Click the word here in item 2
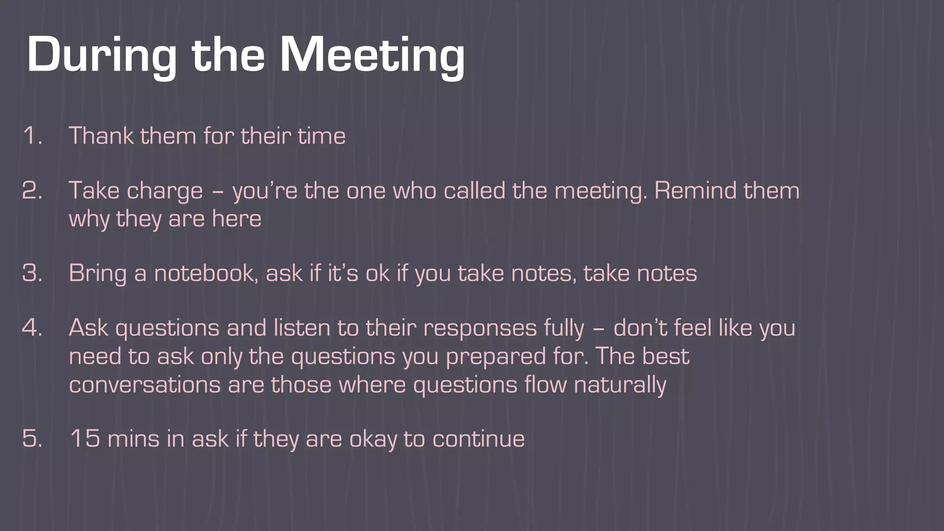pos(236,218)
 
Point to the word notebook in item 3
pos(204,273)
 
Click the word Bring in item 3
pos(97,274)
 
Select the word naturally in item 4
pos(620,385)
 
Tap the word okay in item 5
pos(373,439)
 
